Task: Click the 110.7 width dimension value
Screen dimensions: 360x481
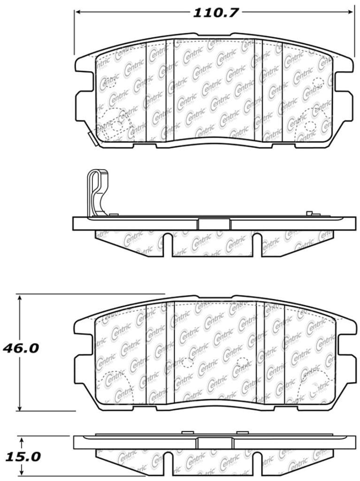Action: tap(215, 13)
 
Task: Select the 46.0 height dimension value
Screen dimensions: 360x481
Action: tap(21, 348)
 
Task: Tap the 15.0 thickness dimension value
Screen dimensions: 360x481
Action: tap(23, 457)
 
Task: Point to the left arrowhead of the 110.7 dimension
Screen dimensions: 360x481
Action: tap(78, 12)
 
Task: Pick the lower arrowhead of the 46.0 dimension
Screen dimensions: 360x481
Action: tap(20, 408)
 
